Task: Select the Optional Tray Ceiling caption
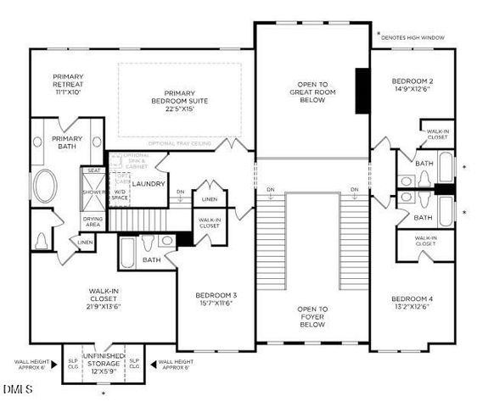[179, 143]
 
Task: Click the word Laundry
[149, 184]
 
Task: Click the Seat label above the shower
[93, 170]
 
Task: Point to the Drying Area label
[93, 222]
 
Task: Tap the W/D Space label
[120, 196]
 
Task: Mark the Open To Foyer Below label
[311, 316]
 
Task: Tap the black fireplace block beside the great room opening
[363, 90]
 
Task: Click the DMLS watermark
[17, 390]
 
